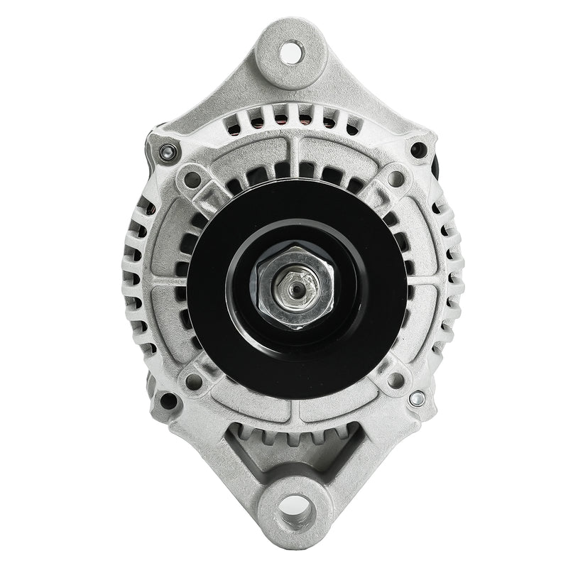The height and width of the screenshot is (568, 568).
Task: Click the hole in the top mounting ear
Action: tap(290, 52)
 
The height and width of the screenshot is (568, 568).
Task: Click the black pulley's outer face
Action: tap(213, 298)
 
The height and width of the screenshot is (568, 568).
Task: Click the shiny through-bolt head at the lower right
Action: tap(417, 399)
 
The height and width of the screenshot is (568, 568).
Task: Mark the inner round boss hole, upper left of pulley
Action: tap(191, 179)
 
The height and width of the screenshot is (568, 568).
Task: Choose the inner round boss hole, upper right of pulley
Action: tap(396, 178)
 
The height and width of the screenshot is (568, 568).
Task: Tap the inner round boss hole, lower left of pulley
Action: tap(192, 381)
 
